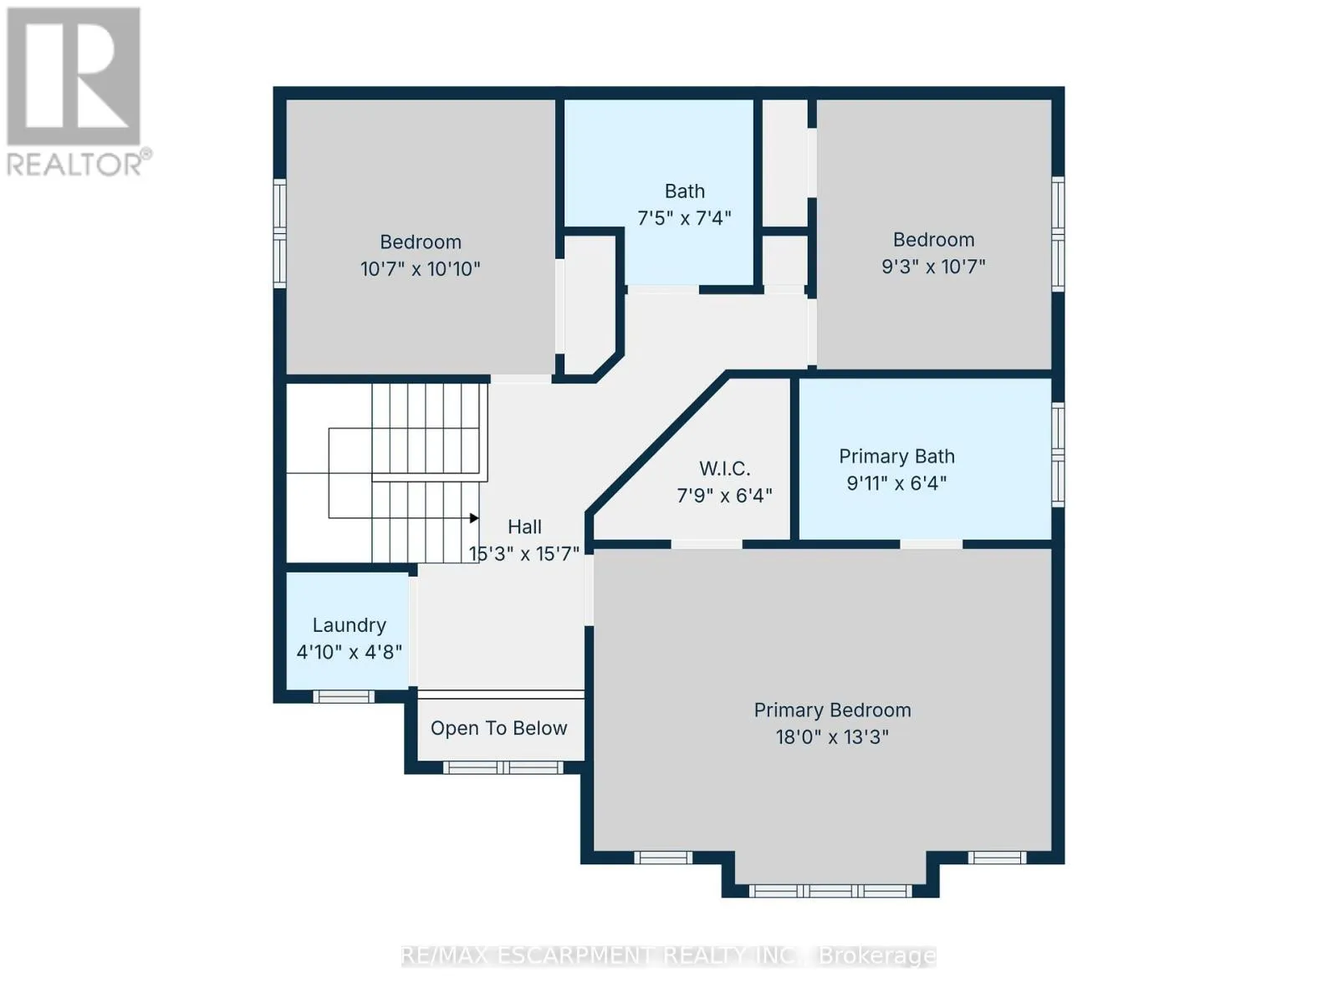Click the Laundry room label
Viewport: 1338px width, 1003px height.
(350, 625)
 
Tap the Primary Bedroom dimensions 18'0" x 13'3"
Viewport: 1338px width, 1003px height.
(832, 737)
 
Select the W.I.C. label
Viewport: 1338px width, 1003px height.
(724, 468)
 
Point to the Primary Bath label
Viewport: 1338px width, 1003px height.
(896, 456)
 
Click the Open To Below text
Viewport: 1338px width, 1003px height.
(498, 728)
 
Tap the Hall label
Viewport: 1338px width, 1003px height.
(524, 527)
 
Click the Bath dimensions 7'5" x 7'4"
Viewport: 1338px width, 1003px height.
(684, 218)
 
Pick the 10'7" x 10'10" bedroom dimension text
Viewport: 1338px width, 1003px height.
(420, 268)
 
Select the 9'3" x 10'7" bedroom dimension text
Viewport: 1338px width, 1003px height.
(933, 266)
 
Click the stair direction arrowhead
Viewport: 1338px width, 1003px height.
(474, 518)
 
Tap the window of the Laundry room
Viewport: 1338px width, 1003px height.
(344, 697)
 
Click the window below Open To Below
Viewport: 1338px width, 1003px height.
(503, 767)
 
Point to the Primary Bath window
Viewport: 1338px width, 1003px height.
(1058, 455)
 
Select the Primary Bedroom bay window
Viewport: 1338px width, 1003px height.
(830, 892)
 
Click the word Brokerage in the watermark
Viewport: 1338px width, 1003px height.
(877, 956)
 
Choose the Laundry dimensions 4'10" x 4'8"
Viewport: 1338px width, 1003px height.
(350, 652)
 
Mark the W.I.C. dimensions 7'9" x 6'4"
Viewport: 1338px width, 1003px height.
(724, 496)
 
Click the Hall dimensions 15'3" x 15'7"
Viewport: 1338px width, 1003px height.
(523, 554)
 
